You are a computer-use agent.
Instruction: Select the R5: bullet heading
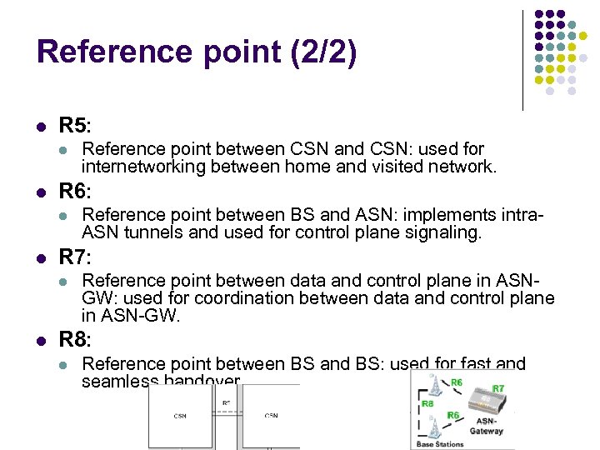coord(75,126)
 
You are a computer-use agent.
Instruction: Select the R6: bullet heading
coord(75,192)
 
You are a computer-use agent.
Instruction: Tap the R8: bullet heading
coord(75,340)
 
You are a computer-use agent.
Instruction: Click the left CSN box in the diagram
coord(181,416)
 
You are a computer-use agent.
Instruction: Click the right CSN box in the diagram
coord(271,416)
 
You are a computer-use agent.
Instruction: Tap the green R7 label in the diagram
coord(498,389)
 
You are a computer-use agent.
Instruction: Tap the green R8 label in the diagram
coord(427,403)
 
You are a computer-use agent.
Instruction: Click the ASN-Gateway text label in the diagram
coord(486,427)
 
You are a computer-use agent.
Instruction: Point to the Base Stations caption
coord(440,444)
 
